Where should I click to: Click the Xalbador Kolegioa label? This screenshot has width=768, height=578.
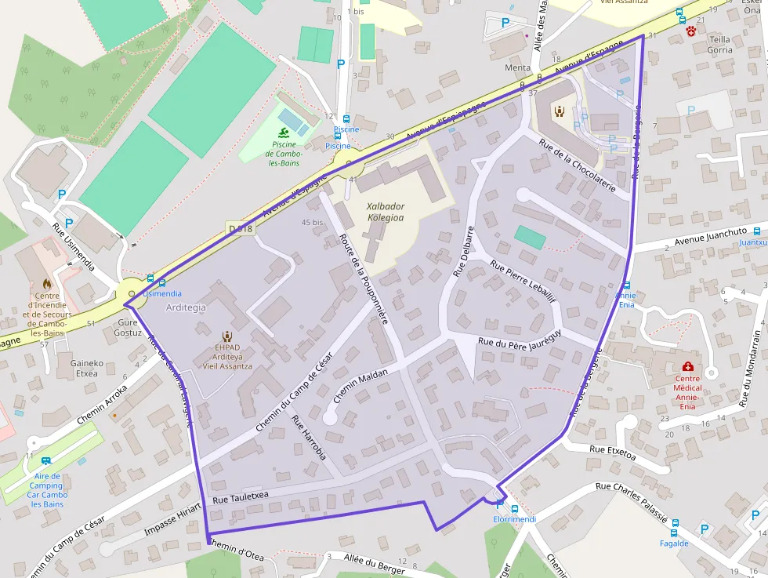(x=386, y=212)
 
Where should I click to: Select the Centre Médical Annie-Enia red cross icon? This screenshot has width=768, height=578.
(x=687, y=367)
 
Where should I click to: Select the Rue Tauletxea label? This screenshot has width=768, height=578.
(x=240, y=496)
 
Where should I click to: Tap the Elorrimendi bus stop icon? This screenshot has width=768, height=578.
(x=514, y=508)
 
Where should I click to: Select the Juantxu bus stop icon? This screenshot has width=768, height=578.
(x=756, y=231)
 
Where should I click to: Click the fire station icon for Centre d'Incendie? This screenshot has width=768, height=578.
(x=46, y=284)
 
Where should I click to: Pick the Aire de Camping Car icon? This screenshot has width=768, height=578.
(x=46, y=461)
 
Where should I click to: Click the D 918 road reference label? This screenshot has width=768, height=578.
(x=241, y=229)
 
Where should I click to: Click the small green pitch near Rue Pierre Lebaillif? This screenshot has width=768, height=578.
(x=531, y=237)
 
